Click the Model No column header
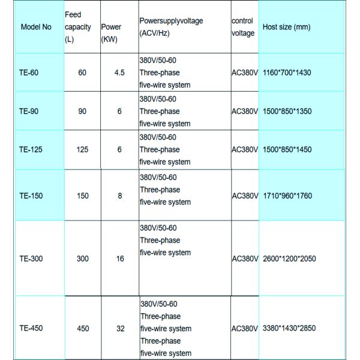[36, 28]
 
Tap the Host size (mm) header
[286, 28]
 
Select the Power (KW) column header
[111, 32]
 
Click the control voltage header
[243, 27]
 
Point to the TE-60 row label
[29, 73]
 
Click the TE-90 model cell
[29, 112]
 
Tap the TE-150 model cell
[31, 196]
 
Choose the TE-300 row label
[31, 259]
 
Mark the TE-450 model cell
[31, 329]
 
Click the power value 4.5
[119, 73]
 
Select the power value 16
[120, 259]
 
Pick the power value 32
[120, 329]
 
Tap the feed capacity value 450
[83, 329]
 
